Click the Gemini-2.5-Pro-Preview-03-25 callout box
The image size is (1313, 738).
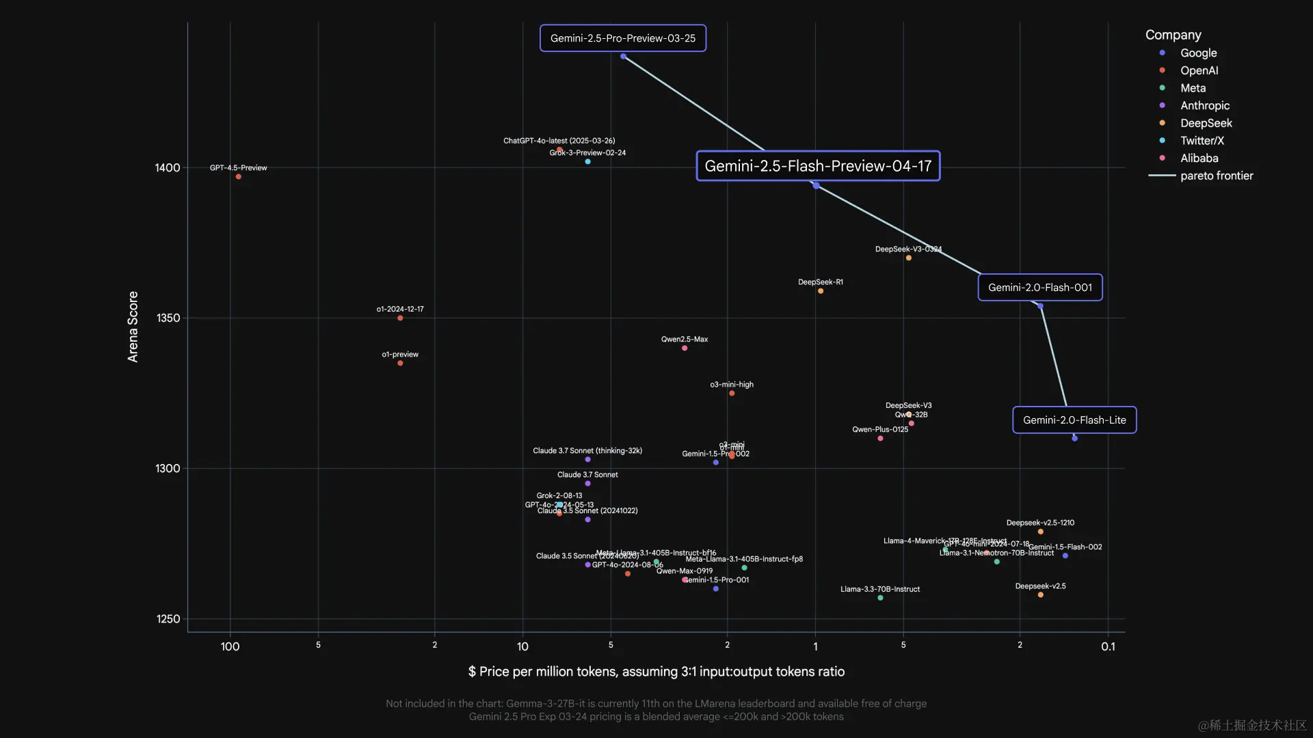click(x=622, y=38)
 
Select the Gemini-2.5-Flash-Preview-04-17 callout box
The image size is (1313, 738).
click(x=818, y=166)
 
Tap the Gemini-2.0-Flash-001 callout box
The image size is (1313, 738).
click(x=1039, y=288)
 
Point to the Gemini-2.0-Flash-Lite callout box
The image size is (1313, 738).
click(x=1074, y=420)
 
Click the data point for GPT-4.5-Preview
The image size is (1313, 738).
click(x=239, y=177)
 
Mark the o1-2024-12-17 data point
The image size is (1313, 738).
click(x=400, y=318)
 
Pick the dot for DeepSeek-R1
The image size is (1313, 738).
click(x=821, y=291)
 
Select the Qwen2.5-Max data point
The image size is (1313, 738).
click(x=685, y=348)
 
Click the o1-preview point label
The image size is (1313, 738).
click(x=400, y=355)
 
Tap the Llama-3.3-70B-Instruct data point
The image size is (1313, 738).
click(x=880, y=598)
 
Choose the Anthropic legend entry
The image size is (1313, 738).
click(x=1204, y=106)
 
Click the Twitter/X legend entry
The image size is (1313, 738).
click(x=1202, y=141)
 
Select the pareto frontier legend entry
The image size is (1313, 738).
click(x=1216, y=176)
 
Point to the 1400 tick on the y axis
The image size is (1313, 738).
click(x=168, y=168)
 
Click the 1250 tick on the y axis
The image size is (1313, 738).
click(x=168, y=619)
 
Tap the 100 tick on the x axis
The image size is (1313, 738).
click(x=230, y=646)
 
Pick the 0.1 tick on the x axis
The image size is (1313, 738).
click(x=1108, y=646)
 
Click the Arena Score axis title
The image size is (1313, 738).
click(x=133, y=327)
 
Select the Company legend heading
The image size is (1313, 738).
click(x=1173, y=35)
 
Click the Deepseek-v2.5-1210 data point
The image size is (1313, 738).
click(x=1040, y=532)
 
